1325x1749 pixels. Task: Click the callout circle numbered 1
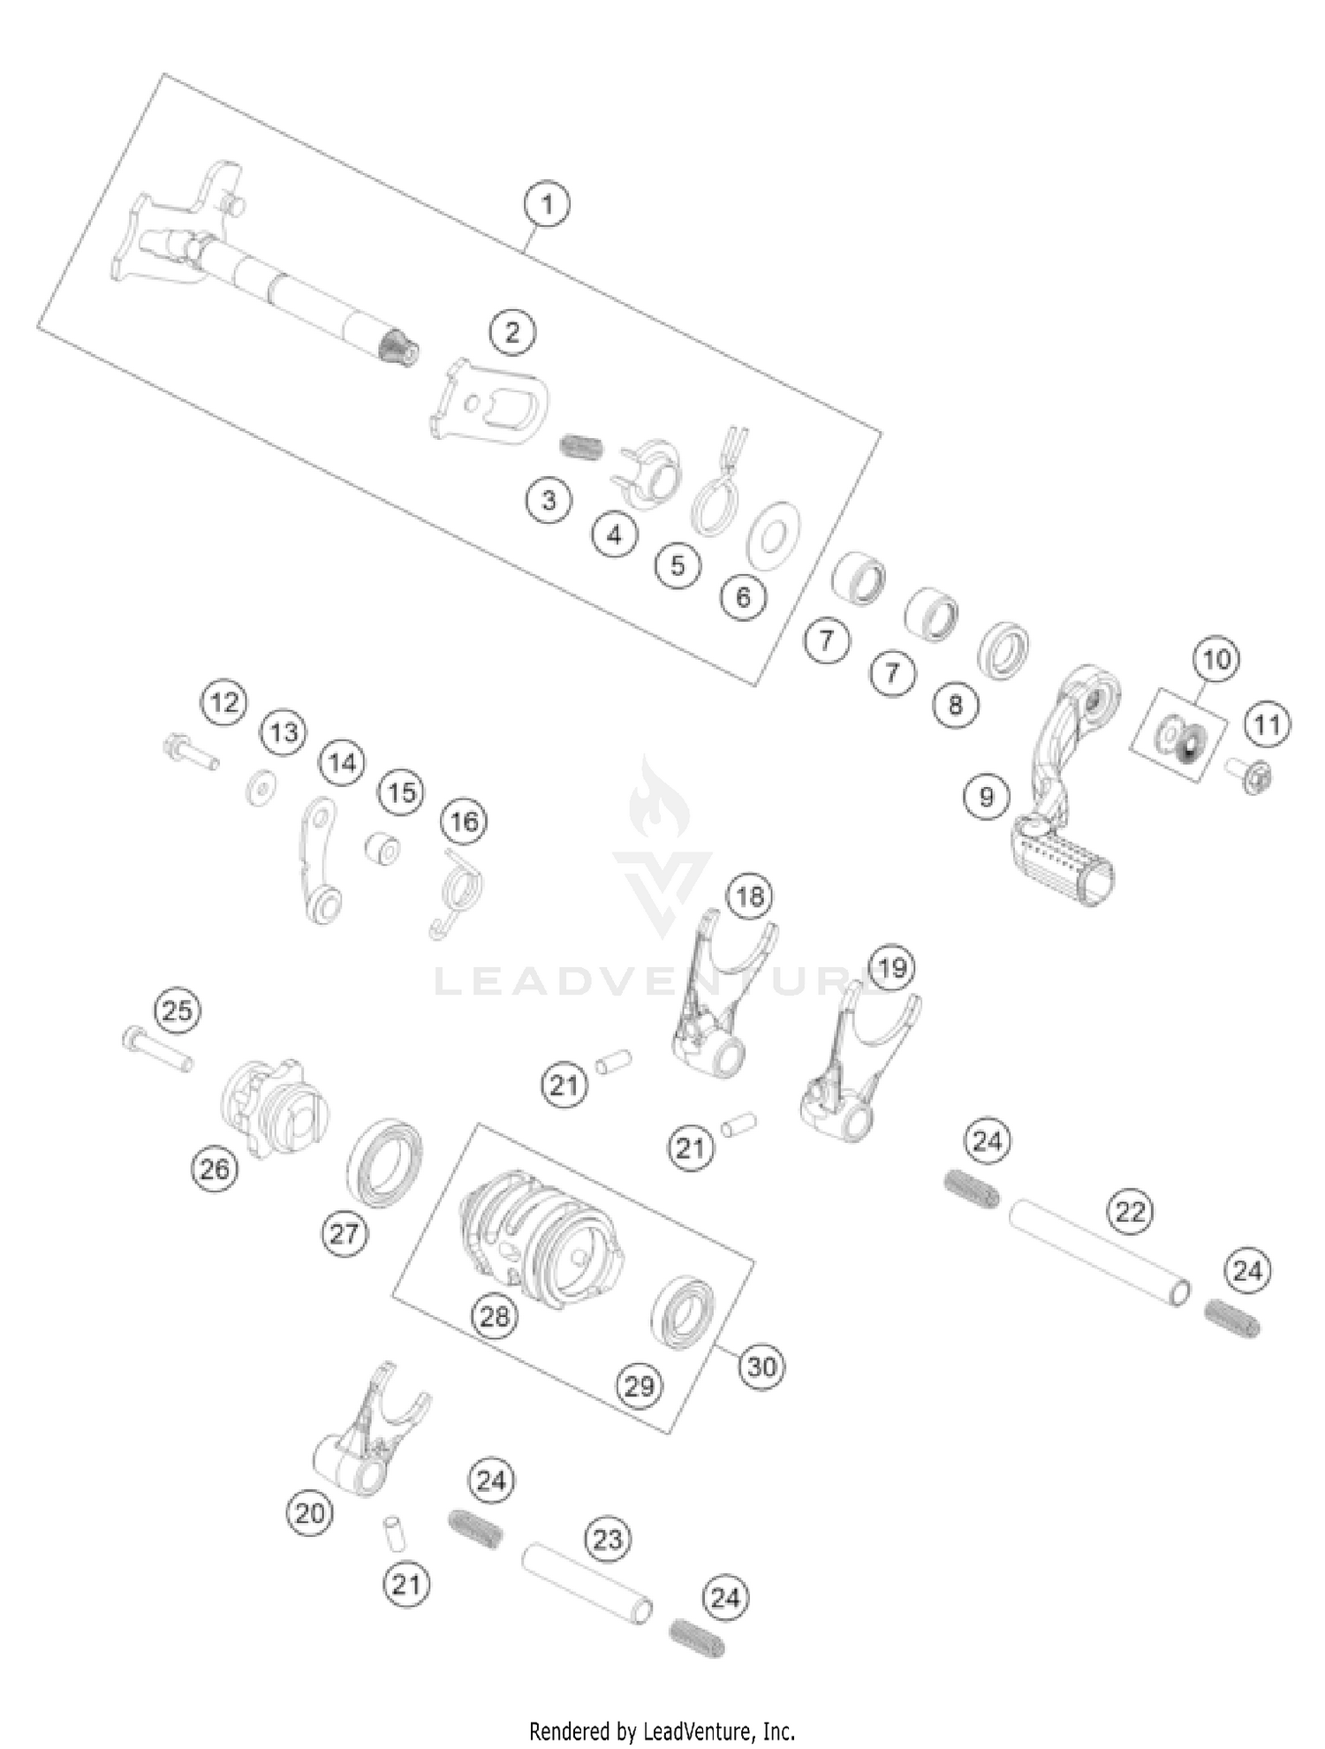pyautogui.click(x=547, y=204)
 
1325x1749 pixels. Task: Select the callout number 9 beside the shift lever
pyautogui.click(x=987, y=797)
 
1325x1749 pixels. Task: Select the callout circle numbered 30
pyautogui.click(x=761, y=1367)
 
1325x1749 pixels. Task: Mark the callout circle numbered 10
pyautogui.click(x=1216, y=659)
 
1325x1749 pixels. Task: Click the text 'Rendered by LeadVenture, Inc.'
pyautogui.click(x=662, y=1731)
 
